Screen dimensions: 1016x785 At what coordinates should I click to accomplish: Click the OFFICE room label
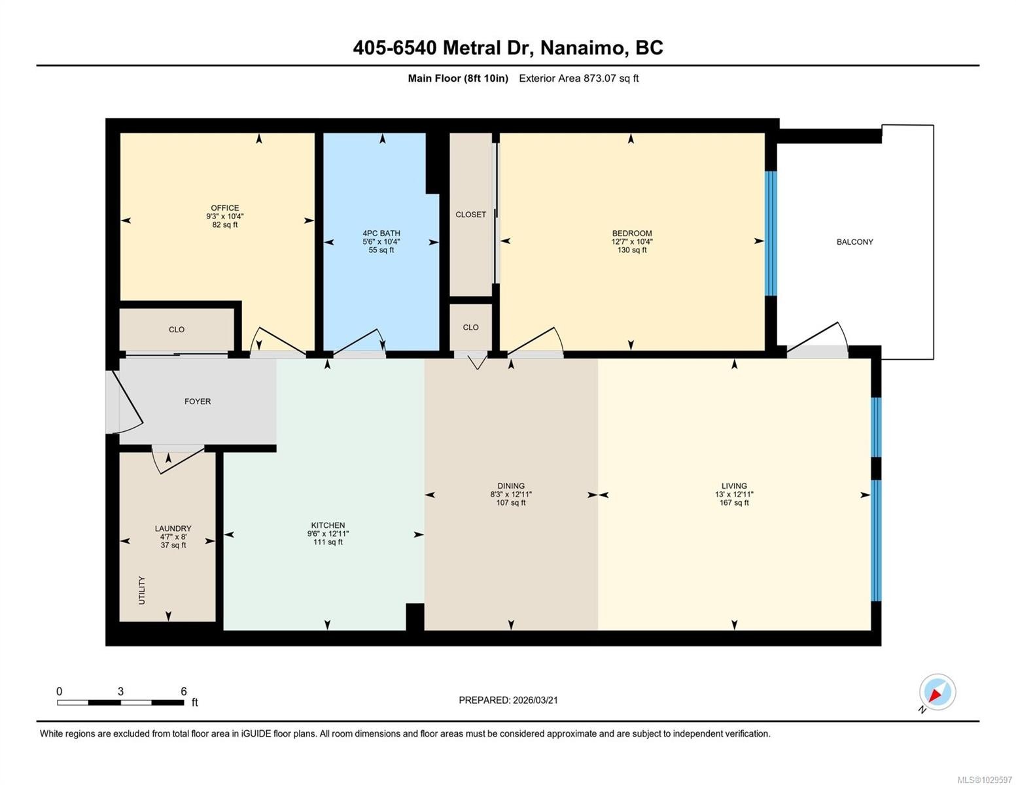click(x=224, y=207)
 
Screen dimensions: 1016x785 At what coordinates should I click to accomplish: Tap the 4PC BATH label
click(x=381, y=233)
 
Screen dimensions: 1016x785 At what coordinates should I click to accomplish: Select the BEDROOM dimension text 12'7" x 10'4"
click(x=632, y=242)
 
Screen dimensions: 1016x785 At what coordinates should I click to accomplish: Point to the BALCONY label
click(x=854, y=242)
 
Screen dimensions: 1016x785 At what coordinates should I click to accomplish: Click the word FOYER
click(x=198, y=401)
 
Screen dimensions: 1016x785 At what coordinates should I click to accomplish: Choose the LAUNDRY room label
click(x=173, y=529)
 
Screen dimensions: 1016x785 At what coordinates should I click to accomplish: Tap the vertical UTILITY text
click(x=142, y=590)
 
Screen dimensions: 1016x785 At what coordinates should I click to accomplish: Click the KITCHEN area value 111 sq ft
click(x=328, y=542)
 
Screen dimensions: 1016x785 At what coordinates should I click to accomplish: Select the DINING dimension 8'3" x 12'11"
click(x=510, y=494)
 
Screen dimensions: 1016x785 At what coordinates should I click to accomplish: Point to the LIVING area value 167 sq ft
click(x=733, y=502)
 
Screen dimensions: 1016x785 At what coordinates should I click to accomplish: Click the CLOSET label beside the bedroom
click(x=470, y=215)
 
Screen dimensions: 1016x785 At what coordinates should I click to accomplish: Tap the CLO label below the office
click(x=176, y=330)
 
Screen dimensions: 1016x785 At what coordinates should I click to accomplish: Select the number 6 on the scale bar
click(x=184, y=691)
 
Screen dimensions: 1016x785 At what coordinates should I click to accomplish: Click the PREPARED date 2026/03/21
click(x=535, y=701)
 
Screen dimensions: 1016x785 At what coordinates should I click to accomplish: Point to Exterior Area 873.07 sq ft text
click(x=578, y=78)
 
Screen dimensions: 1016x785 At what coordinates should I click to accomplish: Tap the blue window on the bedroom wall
click(x=770, y=234)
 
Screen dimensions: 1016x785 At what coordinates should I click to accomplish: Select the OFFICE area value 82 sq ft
click(x=224, y=224)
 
